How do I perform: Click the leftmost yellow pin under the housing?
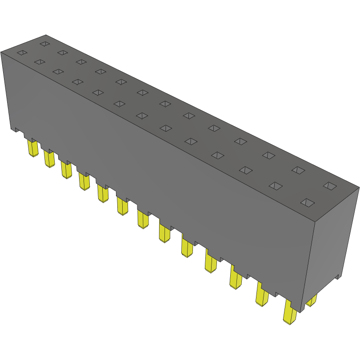32,148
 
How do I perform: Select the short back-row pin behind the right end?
312,301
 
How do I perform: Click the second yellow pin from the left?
49,159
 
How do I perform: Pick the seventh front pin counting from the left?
143,219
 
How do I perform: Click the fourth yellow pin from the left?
84,181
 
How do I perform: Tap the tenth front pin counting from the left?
210,262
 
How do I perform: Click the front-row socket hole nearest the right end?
307,203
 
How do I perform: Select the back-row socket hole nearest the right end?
329,186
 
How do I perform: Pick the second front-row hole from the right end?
276,186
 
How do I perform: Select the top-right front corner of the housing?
314,220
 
